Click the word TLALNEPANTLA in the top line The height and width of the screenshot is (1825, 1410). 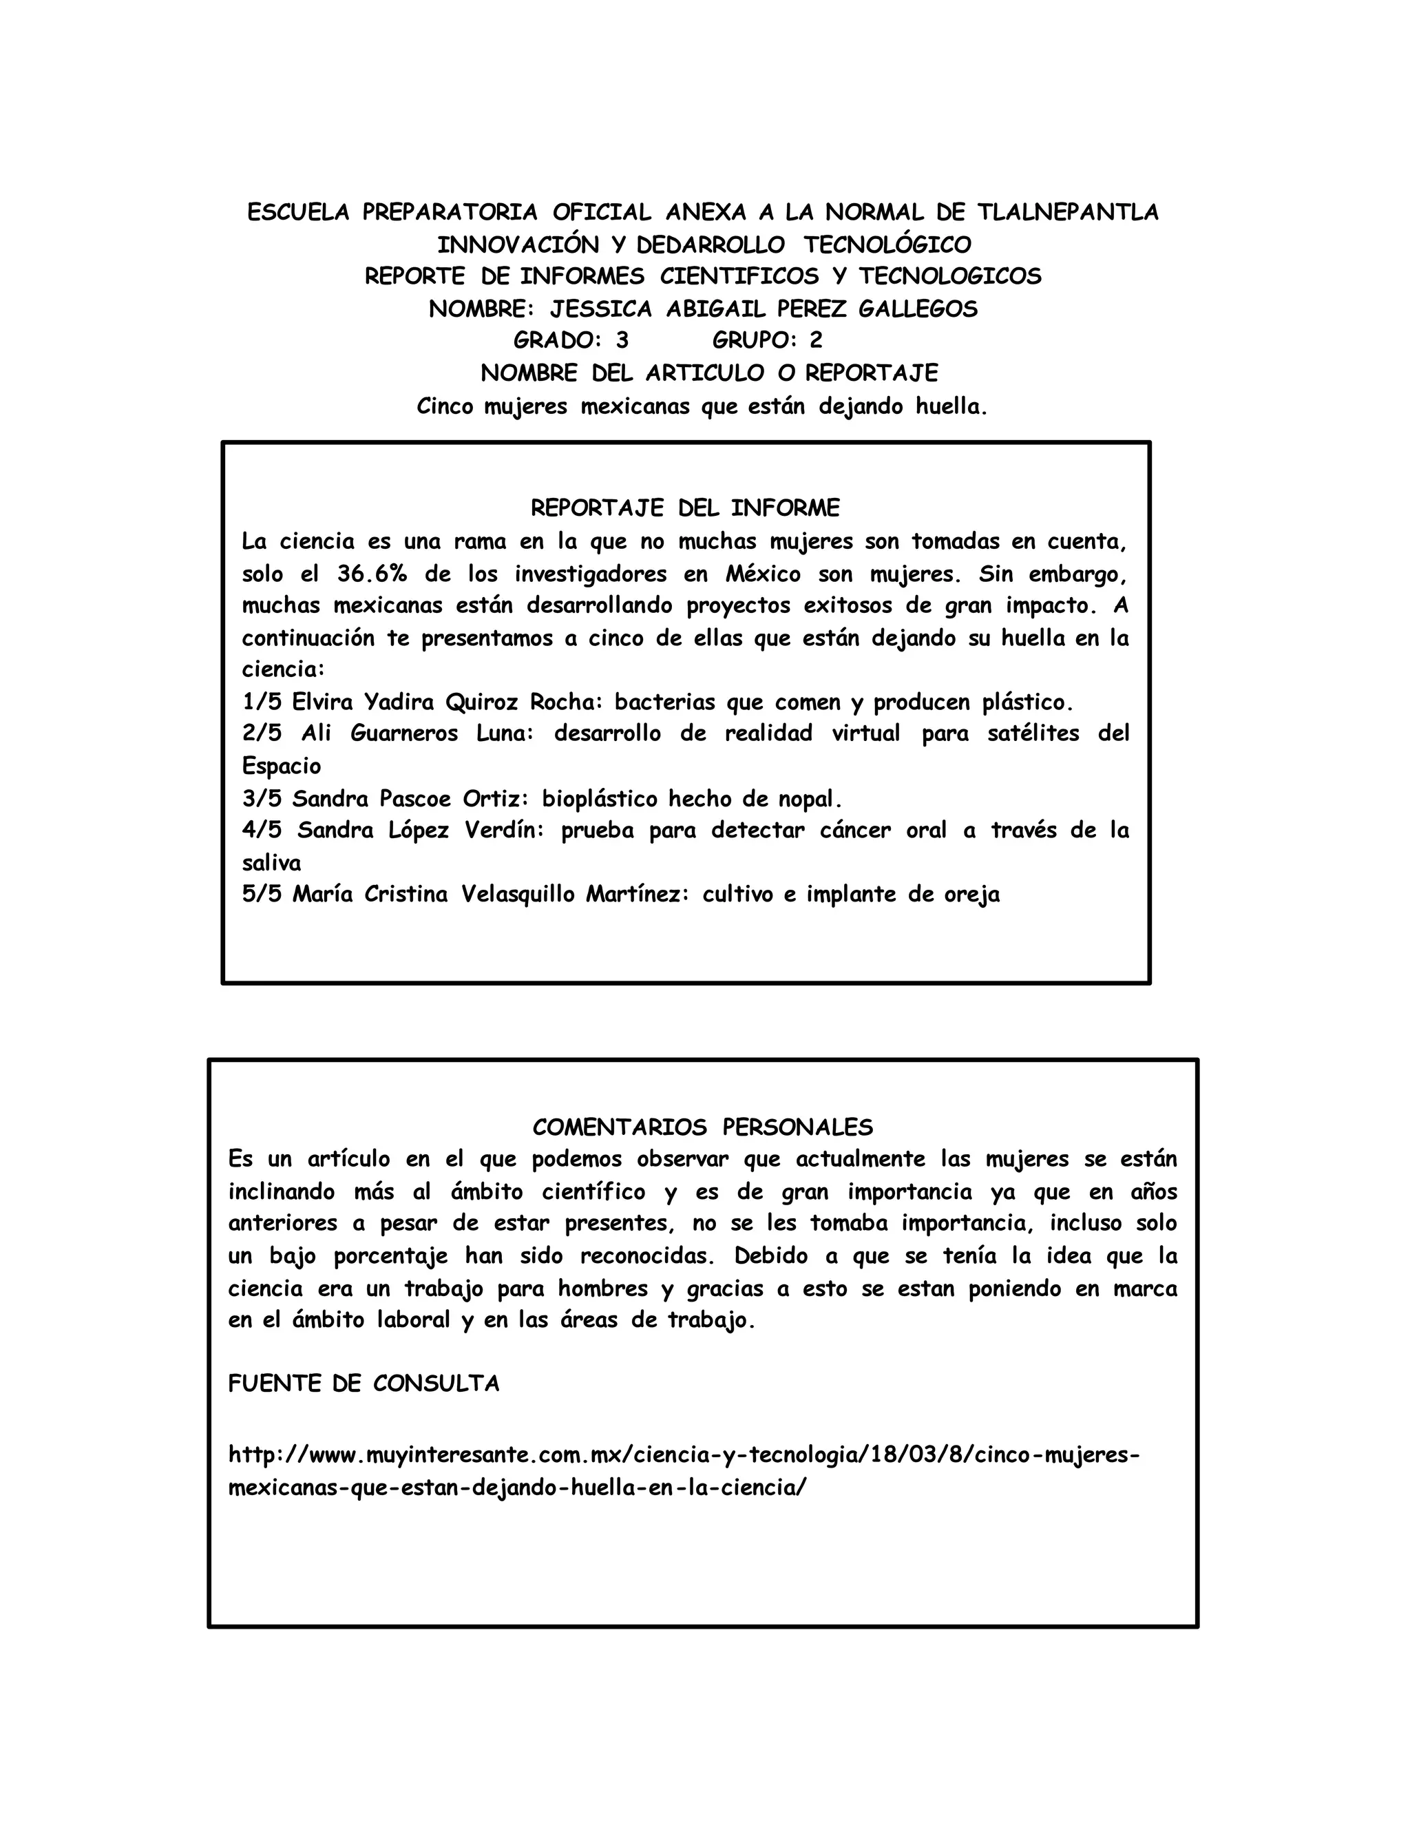(x=1069, y=212)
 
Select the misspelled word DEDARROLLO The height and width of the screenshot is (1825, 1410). (x=711, y=245)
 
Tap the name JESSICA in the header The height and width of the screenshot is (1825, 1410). (x=600, y=309)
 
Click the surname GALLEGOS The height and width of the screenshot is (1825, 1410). (x=918, y=309)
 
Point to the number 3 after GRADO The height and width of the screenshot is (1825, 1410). (x=622, y=341)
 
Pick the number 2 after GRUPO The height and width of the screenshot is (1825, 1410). (x=816, y=341)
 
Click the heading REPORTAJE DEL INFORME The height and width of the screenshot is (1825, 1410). (x=685, y=508)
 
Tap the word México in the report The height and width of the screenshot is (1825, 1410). (x=763, y=574)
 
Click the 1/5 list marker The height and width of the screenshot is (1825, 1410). (x=262, y=702)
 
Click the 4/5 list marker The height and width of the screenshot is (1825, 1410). (x=262, y=831)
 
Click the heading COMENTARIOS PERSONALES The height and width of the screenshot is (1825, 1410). (x=702, y=1128)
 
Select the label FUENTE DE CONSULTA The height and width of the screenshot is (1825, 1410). (x=364, y=1384)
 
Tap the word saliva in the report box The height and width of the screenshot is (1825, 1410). (x=271, y=862)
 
